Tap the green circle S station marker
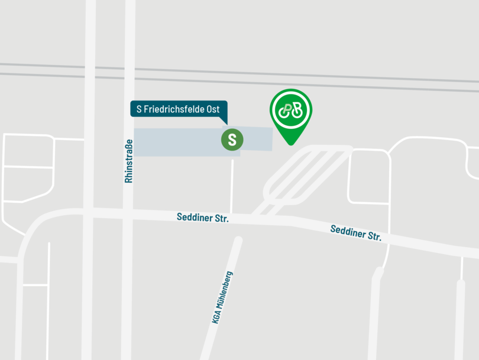pyautogui.click(x=232, y=140)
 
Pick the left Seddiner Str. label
pyautogui.click(x=202, y=218)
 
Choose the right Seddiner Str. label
pyautogui.click(x=356, y=233)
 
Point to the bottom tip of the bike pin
pyautogui.click(x=290, y=144)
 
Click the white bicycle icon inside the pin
pyautogui.click(x=290, y=109)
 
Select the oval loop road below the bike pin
pyautogui.click(x=308, y=174)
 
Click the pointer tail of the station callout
pyautogui.click(x=225, y=121)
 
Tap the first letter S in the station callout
pyautogui.click(x=140, y=109)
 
